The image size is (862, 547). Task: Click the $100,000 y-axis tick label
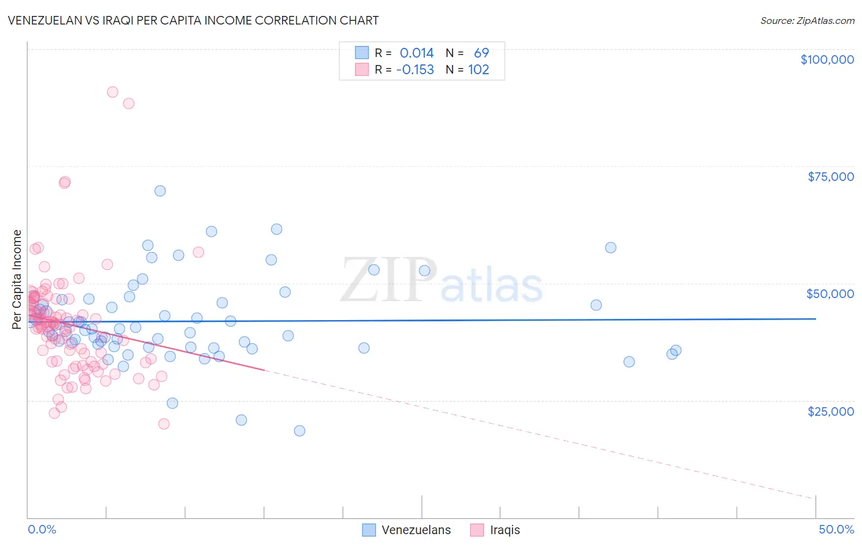point(827,59)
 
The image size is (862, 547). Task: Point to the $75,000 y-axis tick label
point(830,177)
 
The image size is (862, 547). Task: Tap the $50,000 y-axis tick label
point(830,294)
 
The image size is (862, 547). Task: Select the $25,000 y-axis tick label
point(830,411)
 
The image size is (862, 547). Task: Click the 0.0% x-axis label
point(42,529)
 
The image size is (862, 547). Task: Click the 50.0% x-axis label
point(836,529)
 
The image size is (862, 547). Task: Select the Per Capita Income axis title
point(17,279)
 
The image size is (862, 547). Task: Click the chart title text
point(193,20)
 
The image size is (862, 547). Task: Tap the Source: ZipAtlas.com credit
point(807,20)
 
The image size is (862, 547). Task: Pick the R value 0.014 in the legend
point(416,53)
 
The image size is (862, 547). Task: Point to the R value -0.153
point(414,70)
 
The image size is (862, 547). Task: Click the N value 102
point(478,70)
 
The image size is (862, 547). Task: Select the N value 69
point(481,53)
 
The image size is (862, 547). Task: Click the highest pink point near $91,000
point(112,92)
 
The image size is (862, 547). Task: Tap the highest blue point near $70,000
point(160,191)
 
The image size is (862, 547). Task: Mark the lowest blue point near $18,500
point(299,430)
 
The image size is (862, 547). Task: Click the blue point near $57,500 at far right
point(611,248)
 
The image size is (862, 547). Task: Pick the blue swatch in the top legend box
point(362,53)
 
